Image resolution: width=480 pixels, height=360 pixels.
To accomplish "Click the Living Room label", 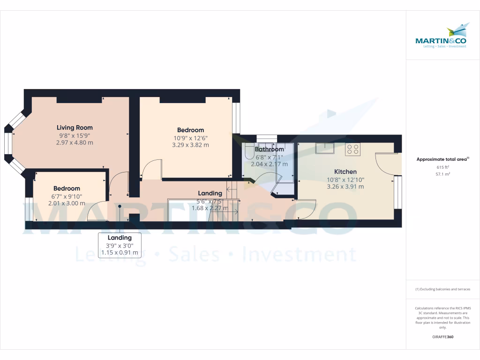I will pyautogui.click(x=75, y=127).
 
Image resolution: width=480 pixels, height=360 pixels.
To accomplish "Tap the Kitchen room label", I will pyautogui.click(x=345, y=172).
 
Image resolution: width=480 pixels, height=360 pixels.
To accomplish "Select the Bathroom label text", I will pyautogui.click(x=269, y=150).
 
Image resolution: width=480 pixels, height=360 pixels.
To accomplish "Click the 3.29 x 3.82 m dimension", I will pyautogui.click(x=190, y=145).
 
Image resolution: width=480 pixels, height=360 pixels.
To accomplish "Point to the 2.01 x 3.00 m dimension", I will pyautogui.click(x=67, y=203).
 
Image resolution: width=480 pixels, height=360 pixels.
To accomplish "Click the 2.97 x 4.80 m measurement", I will pyautogui.click(x=75, y=142).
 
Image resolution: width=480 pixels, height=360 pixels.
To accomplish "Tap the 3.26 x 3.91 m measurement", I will pyautogui.click(x=345, y=187).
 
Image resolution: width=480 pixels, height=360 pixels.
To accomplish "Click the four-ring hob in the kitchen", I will pyautogui.click(x=352, y=150).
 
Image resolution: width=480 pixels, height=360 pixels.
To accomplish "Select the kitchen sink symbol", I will pyautogui.click(x=324, y=149).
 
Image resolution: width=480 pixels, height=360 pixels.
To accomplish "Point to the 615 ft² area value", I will pyautogui.click(x=442, y=167).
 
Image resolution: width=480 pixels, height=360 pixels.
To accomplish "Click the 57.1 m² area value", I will pyautogui.click(x=442, y=173).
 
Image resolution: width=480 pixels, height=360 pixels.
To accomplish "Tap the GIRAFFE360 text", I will pyautogui.click(x=442, y=337).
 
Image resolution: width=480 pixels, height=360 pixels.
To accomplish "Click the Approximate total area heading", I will pyautogui.click(x=442, y=159).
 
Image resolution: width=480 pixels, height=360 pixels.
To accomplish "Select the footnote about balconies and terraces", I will pyautogui.click(x=442, y=289).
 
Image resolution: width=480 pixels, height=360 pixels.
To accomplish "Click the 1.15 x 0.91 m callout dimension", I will pyautogui.click(x=120, y=253).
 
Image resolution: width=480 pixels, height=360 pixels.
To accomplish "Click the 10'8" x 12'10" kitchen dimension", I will pyautogui.click(x=345, y=180).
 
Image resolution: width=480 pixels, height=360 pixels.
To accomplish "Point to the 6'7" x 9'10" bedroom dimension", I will pyautogui.click(x=67, y=196).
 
